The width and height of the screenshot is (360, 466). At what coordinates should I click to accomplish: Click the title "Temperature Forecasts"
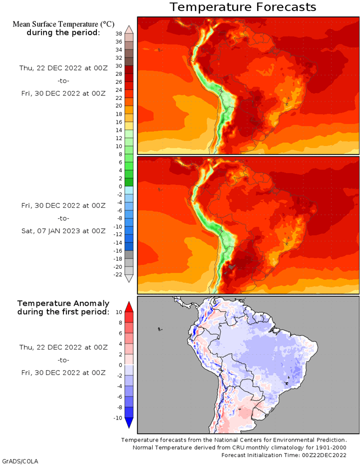[x=243, y=7]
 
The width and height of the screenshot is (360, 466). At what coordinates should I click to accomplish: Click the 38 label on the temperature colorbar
[x=118, y=33]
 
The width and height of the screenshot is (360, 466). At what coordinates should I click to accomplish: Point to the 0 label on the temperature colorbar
[x=120, y=186]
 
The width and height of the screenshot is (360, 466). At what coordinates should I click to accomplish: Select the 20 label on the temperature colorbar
[x=118, y=106]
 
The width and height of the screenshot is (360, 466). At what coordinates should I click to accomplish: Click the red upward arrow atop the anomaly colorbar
[x=128, y=306]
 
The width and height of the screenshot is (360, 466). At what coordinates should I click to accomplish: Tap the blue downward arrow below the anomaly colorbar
[x=128, y=423]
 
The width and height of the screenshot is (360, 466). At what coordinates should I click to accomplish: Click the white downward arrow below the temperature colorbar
[x=128, y=279]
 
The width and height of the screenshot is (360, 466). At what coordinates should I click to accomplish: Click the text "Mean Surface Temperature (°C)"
[x=63, y=23]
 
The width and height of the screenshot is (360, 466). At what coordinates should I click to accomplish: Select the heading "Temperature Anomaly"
[x=63, y=303]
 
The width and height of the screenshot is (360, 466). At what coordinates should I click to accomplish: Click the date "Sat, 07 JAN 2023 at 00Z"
[x=63, y=231]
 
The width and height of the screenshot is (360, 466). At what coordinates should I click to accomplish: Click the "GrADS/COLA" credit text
[x=20, y=461]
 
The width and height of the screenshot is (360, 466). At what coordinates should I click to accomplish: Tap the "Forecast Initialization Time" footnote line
[x=284, y=455]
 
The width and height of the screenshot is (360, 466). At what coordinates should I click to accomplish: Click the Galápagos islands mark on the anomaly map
[x=159, y=329]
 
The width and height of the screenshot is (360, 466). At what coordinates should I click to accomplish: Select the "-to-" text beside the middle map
[x=63, y=218]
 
